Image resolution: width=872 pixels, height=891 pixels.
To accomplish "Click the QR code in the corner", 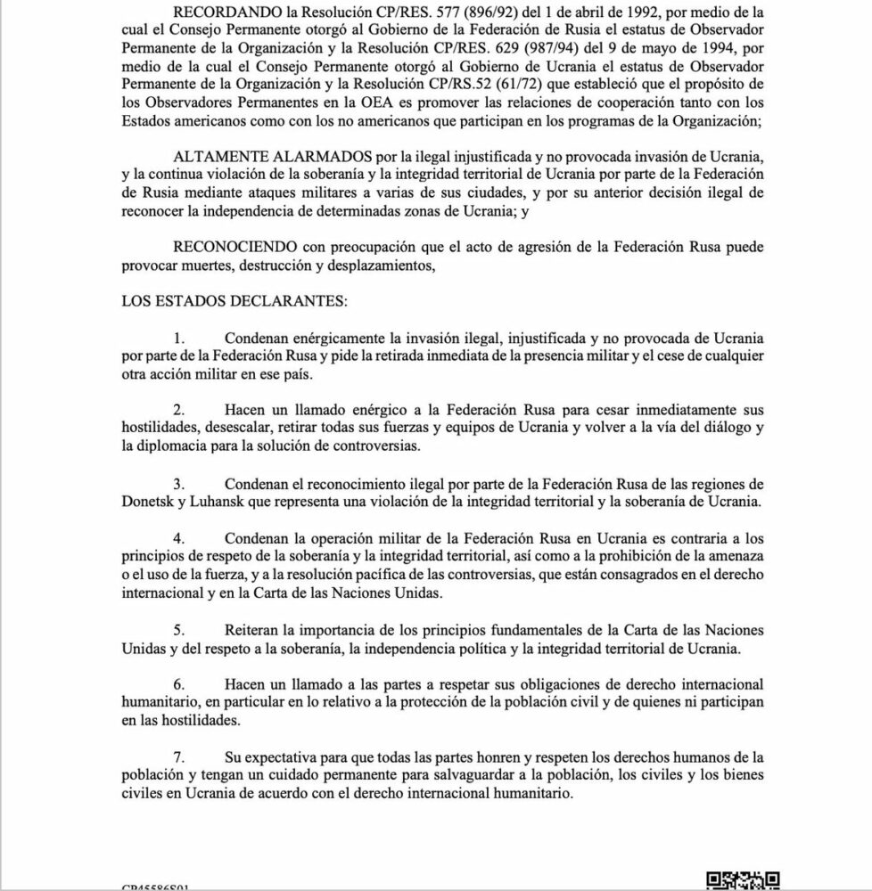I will [743, 881].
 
